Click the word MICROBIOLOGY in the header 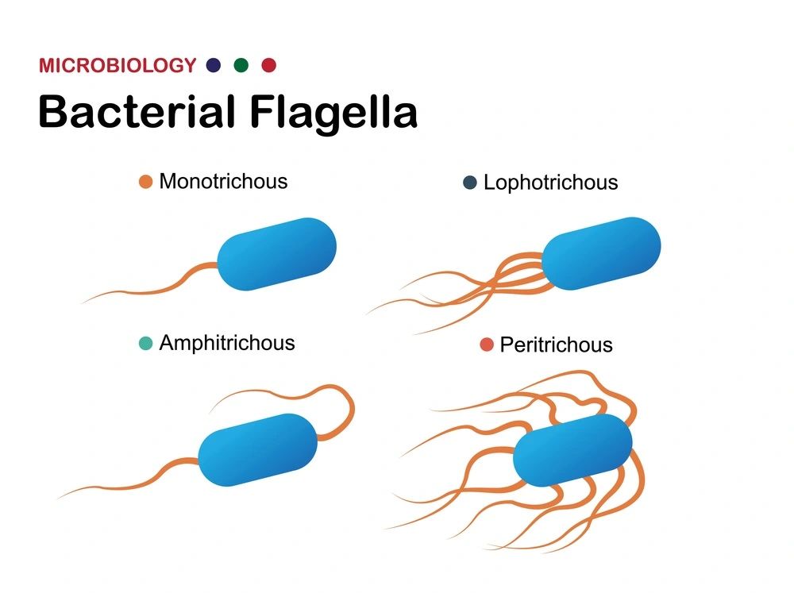(x=118, y=65)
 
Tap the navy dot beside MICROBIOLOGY (x=214, y=65)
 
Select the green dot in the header (x=241, y=65)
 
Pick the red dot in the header (x=269, y=65)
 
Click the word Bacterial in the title (x=137, y=111)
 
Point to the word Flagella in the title (x=333, y=114)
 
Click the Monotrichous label (x=223, y=181)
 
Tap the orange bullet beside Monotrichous (x=146, y=182)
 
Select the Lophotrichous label (x=551, y=183)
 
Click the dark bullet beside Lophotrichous (x=470, y=183)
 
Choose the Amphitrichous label (x=227, y=343)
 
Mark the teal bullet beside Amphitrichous (x=146, y=344)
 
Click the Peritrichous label (x=557, y=345)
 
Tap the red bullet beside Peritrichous (x=487, y=345)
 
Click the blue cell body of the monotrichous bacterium (x=277, y=254)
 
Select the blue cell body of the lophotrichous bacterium (x=601, y=254)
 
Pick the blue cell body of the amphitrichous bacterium (x=258, y=449)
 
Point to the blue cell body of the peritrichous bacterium (x=572, y=450)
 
